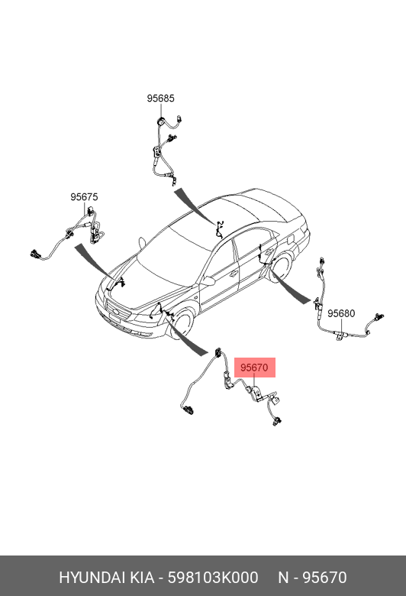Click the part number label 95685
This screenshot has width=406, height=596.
tap(161, 99)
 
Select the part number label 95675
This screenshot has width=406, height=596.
tap(84, 197)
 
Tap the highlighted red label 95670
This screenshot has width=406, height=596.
tap(254, 368)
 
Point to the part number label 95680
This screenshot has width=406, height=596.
tap(341, 313)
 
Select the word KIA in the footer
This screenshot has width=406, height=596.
tap(142, 578)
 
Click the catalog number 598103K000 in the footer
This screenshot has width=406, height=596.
tap(213, 578)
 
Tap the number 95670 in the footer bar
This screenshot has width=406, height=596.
tap(324, 578)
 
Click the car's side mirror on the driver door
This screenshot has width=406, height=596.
tap(208, 281)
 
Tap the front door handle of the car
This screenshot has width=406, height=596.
tap(232, 273)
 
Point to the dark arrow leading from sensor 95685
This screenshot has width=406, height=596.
tap(195, 206)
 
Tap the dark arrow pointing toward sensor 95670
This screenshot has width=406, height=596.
tap(187, 336)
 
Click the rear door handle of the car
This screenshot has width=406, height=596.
tap(269, 251)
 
